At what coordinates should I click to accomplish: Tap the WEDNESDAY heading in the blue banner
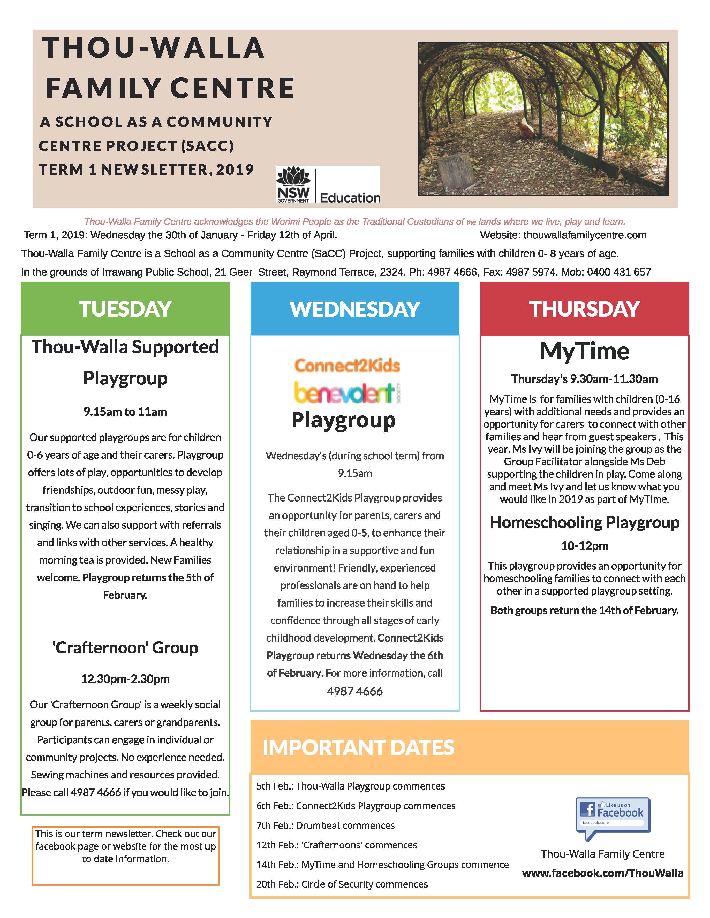click(x=354, y=309)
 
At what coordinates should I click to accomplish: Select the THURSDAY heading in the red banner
click(x=584, y=309)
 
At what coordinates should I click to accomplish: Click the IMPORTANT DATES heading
click(x=358, y=748)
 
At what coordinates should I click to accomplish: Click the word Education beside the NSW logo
click(x=350, y=198)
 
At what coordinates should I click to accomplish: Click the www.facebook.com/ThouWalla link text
click(x=602, y=873)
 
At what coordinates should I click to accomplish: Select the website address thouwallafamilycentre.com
click(x=585, y=235)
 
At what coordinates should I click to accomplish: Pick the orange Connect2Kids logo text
click(x=347, y=366)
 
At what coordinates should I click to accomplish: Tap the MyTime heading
click(x=584, y=351)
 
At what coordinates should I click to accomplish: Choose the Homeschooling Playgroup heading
click(x=584, y=522)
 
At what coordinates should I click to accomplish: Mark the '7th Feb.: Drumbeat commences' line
click(x=326, y=826)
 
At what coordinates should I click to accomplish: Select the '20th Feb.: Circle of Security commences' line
click(x=342, y=884)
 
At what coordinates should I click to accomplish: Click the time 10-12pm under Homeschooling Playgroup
click(x=584, y=546)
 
